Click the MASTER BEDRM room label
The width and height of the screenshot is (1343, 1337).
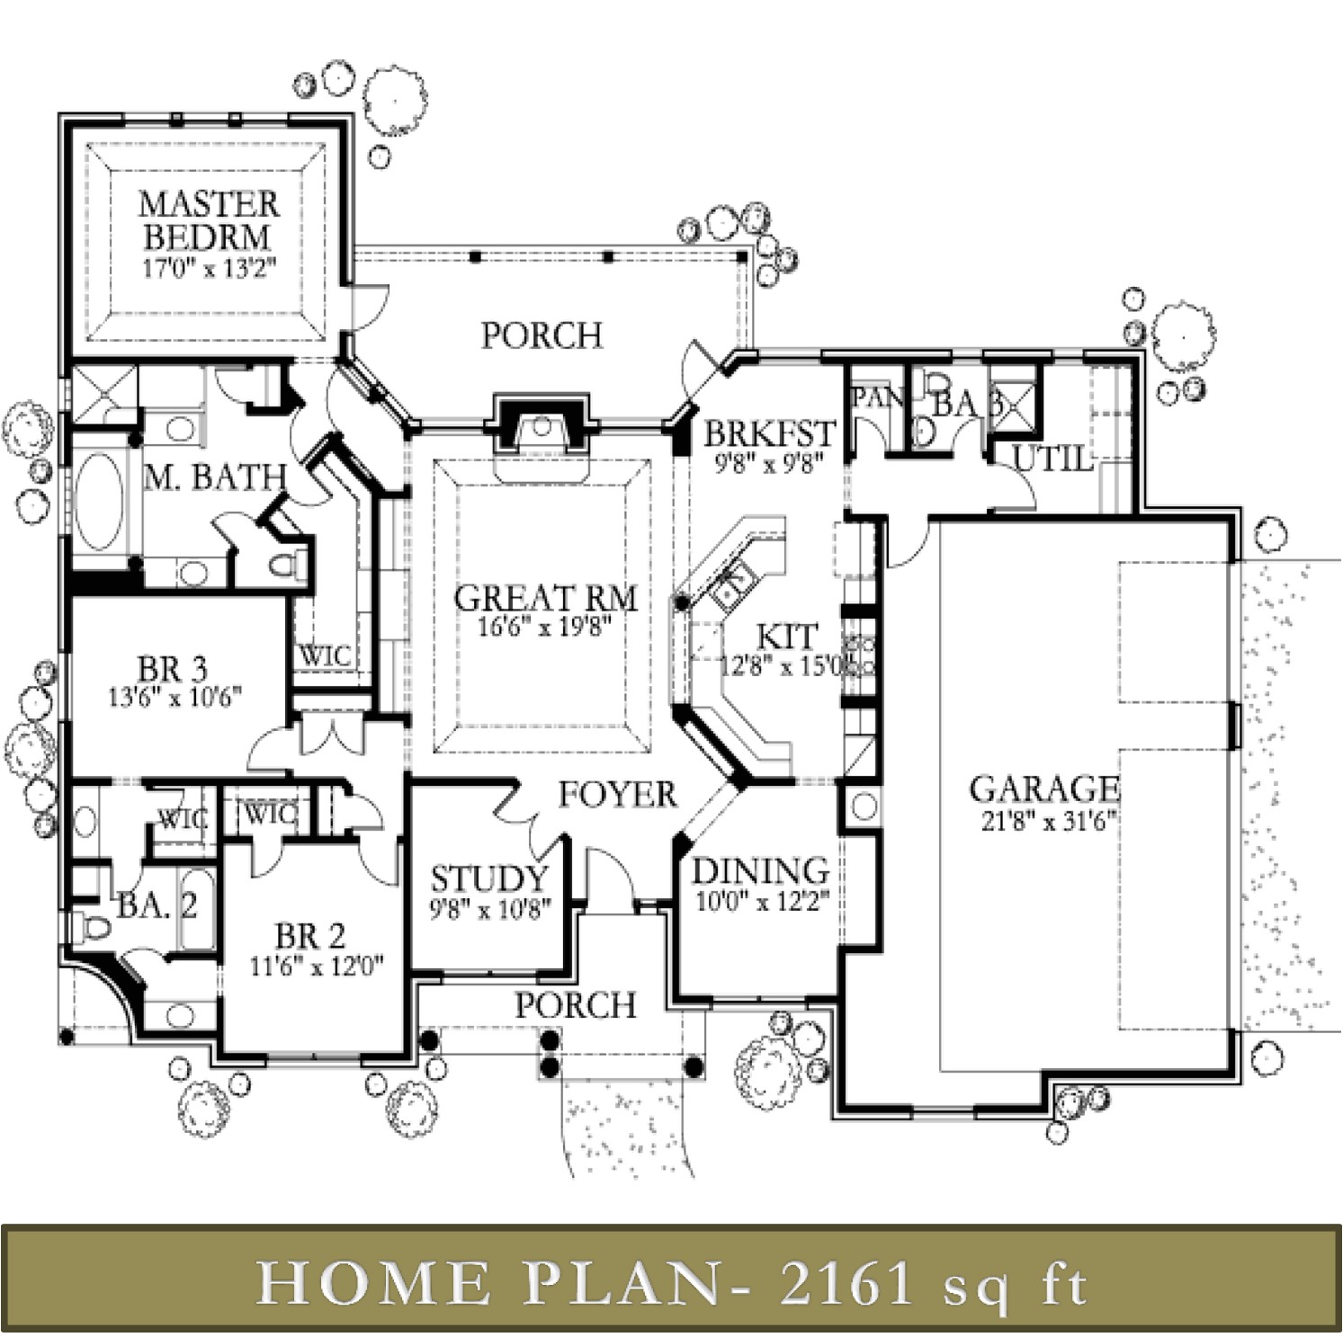pyautogui.click(x=208, y=220)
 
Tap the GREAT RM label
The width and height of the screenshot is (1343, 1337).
pyautogui.click(x=545, y=598)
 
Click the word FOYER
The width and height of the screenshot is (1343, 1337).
pyautogui.click(x=617, y=795)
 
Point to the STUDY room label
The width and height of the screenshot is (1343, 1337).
pyautogui.click(x=488, y=878)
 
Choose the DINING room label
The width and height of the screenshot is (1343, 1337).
pyautogui.click(x=760, y=870)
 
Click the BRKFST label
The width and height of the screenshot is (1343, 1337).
pyautogui.click(x=769, y=433)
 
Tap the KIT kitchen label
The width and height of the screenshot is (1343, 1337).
pyautogui.click(x=786, y=637)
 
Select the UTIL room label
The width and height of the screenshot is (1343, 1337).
pyautogui.click(x=1052, y=459)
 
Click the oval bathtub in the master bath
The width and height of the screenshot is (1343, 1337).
pyautogui.click(x=98, y=502)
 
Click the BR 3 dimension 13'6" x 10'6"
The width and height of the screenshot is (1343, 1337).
pyautogui.click(x=175, y=698)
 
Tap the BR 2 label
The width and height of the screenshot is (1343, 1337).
pyautogui.click(x=310, y=936)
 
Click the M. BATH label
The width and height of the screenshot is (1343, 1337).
pyautogui.click(x=215, y=477)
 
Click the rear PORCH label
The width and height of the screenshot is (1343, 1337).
pyautogui.click(x=542, y=335)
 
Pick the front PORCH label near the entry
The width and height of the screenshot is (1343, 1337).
pyautogui.click(x=576, y=1004)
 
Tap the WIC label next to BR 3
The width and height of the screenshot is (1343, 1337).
pyautogui.click(x=326, y=655)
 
